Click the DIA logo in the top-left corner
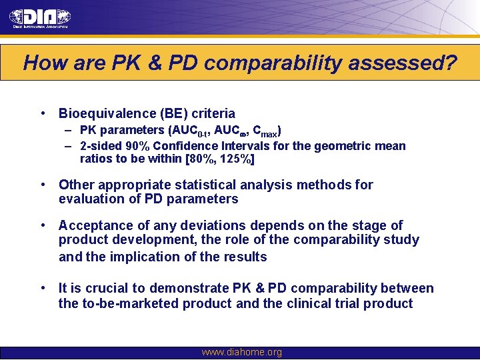coord(40,18)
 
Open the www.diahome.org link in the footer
coord(241,353)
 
